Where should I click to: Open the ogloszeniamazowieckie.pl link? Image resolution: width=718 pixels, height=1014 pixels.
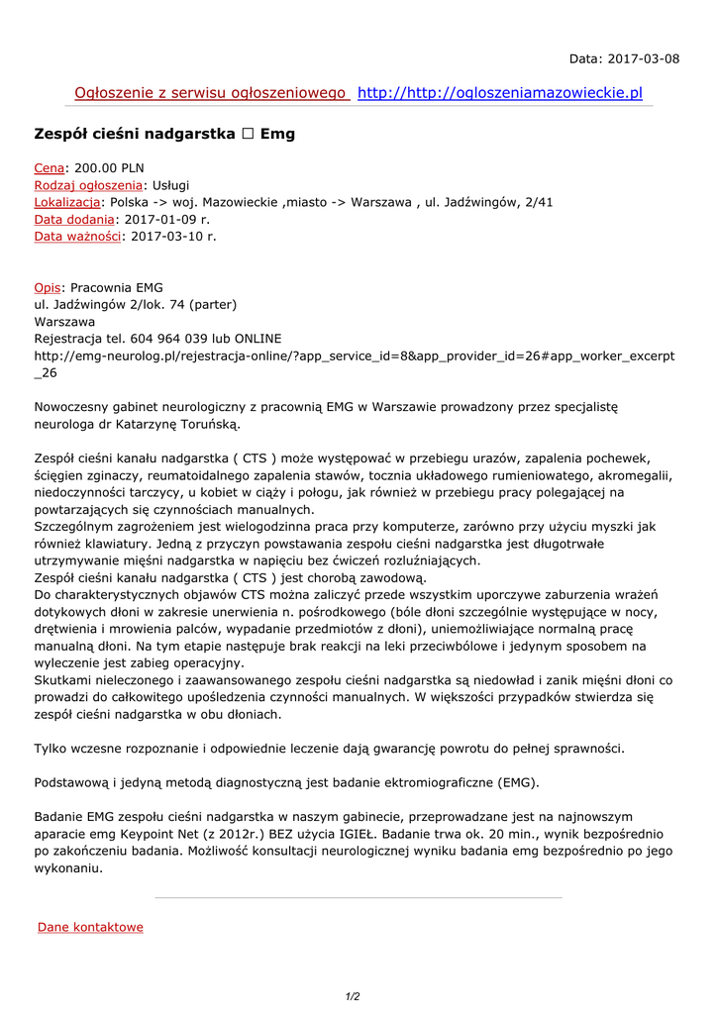coord(499,93)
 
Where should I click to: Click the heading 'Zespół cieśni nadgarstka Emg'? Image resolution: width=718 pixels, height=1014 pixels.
coord(164,133)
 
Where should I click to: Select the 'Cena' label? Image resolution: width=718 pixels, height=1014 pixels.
coord(49,168)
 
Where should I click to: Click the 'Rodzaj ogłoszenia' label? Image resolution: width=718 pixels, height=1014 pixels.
coord(88,185)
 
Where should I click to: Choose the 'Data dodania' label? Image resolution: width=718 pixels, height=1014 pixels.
coord(74,219)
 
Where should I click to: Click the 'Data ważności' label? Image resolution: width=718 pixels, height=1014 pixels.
coord(77,236)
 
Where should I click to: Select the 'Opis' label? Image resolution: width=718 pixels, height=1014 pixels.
coord(48,287)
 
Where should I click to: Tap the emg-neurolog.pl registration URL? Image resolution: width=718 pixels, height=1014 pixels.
coord(354,355)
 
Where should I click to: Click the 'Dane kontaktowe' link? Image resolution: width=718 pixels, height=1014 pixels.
coord(90,927)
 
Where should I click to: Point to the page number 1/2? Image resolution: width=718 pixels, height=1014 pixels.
coord(353,996)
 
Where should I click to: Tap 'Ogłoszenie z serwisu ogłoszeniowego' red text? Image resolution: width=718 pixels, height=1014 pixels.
coord(210,93)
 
